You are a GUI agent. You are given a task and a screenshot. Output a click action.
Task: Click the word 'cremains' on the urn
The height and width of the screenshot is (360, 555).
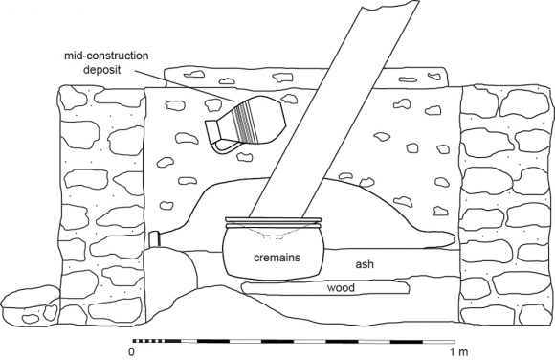point(275,258)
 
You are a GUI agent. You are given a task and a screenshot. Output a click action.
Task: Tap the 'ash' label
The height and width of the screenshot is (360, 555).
point(364,265)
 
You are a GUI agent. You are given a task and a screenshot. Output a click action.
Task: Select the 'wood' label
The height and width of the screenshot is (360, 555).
point(341,287)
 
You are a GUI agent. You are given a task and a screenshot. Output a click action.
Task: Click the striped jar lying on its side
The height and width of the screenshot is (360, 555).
point(247,124)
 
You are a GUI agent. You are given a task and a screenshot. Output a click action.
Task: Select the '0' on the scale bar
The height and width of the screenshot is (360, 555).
point(132,350)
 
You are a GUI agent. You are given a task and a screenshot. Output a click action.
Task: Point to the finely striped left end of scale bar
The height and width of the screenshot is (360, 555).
point(148,338)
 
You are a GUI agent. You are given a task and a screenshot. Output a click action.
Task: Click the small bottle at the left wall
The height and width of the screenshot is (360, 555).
point(152,238)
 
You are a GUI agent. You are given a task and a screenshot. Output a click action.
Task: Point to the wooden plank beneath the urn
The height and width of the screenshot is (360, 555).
point(287,288)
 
